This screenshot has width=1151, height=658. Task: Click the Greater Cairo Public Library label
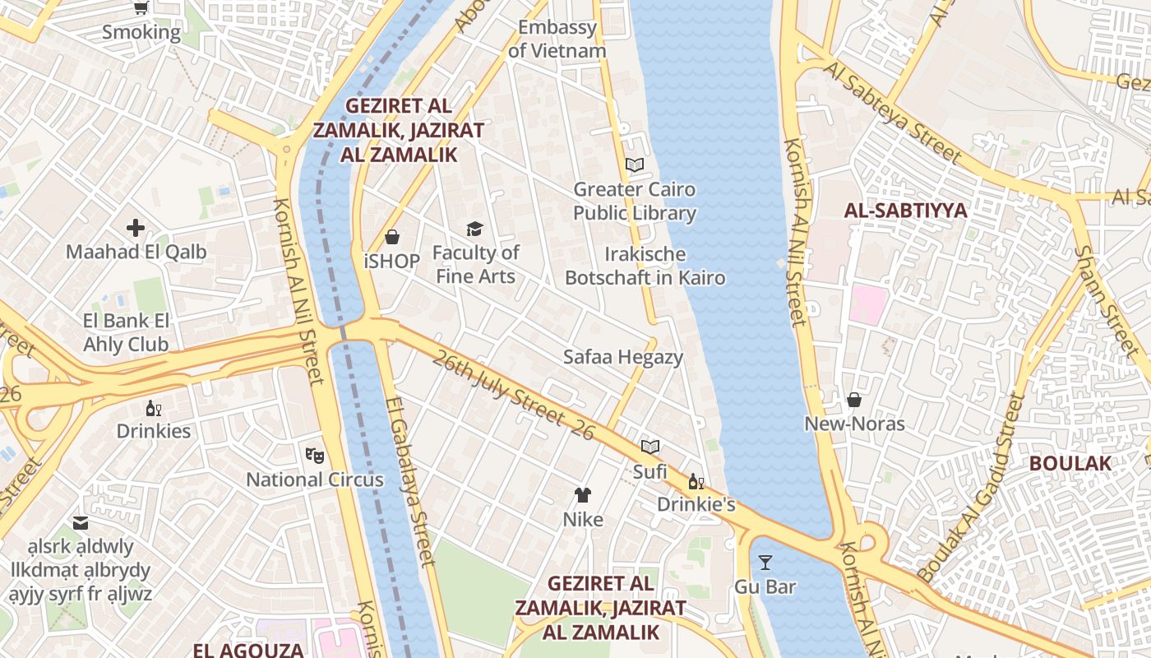click(x=634, y=202)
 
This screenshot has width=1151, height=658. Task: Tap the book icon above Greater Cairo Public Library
click(x=634, y=164)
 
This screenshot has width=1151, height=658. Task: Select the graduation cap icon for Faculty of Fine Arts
click(x=474, y=229)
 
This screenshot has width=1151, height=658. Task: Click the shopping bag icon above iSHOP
click(x=392, y=237)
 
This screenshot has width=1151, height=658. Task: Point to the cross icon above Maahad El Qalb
click(x=136, y=228)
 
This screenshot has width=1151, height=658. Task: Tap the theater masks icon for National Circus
click(x=314, y=455)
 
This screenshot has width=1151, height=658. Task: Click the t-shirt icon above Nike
click(x=582, y=494)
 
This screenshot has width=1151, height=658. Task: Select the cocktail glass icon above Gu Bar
click(x=765, y=563)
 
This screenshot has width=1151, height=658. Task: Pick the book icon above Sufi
click(x=650, y=447)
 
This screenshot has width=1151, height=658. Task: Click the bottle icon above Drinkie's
click(x=696, y=481)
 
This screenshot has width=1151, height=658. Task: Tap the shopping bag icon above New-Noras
click(x=854, y=400)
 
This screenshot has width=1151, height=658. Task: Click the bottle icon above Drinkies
click(x=153, y=408)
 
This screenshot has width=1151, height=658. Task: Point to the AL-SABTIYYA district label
click(x=905, y=211)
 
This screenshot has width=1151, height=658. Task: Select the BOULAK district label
click(x=1070, y=463)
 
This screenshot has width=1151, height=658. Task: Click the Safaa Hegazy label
click(x=623, y=357)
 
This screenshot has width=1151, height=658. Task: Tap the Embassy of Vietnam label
click(x=557, y=39)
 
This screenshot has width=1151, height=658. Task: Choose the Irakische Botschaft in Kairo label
click(x=645, y=266)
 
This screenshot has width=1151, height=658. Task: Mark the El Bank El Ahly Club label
click(x=126, y=332)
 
